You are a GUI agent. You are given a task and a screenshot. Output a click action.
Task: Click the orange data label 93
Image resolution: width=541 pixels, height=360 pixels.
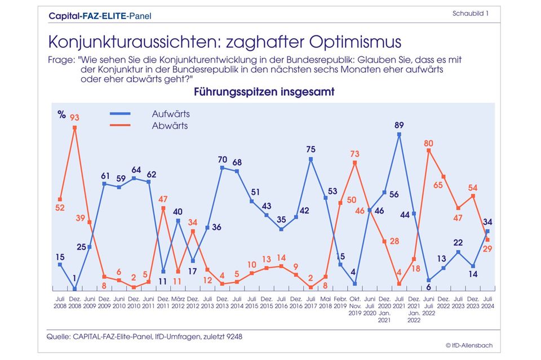pos(75,117)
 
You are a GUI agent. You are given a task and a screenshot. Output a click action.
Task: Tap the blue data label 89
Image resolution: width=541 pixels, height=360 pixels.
pos(399,125)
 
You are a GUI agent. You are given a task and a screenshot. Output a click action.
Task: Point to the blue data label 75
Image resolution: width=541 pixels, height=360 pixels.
pos(311,149)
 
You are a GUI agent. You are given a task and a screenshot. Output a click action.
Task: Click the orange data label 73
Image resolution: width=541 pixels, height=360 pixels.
pos(354,153)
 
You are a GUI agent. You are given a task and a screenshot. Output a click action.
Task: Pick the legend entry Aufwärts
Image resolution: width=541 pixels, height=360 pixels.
pos(171,114)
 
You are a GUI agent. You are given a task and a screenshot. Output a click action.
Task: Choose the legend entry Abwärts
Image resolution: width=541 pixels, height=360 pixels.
pos(170,126)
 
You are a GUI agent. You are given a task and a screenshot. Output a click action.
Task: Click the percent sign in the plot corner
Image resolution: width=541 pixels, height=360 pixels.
pos(61,114)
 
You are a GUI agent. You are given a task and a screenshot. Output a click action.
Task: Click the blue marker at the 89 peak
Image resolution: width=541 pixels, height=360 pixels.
pos(399,135)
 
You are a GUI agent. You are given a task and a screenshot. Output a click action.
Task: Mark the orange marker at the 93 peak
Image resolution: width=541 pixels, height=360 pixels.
pos(75,127)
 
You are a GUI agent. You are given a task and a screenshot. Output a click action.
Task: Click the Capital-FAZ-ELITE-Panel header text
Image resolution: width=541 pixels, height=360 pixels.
pos(100,16)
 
